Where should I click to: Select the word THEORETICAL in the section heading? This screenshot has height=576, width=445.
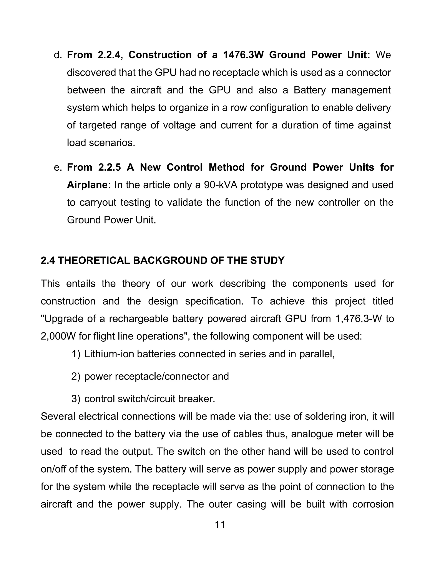[x=94, y=261]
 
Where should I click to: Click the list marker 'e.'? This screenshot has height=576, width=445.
[x=58, y=167]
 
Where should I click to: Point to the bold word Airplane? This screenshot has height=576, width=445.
[x=89, y=185]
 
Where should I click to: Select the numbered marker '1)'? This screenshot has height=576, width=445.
[x=76, y=354]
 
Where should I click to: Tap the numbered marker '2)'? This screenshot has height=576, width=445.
[x=76, y=376]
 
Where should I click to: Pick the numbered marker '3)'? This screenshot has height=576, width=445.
[x=76, y=399]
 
